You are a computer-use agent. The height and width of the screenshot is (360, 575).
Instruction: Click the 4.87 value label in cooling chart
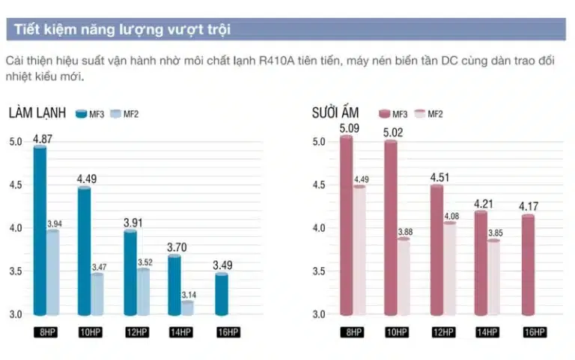point(42,139)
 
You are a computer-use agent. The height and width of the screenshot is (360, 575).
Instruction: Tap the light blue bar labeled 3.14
point(186,307)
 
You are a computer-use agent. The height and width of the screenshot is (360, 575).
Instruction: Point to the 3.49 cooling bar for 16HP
point(222,294)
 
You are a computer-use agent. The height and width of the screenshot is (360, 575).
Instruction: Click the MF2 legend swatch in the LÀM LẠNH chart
point(116,114)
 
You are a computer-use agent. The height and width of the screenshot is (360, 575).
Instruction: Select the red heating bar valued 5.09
point(346,225)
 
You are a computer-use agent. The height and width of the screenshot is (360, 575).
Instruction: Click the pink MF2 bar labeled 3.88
point(404,276)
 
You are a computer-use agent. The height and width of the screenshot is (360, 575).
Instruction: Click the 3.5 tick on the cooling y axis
point(16,271)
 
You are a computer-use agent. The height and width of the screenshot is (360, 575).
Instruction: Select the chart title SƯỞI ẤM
point(335,114)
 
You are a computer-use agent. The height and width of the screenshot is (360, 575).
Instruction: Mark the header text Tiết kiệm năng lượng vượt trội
point(122,30)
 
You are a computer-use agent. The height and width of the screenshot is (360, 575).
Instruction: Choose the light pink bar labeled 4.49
point(359,250)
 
